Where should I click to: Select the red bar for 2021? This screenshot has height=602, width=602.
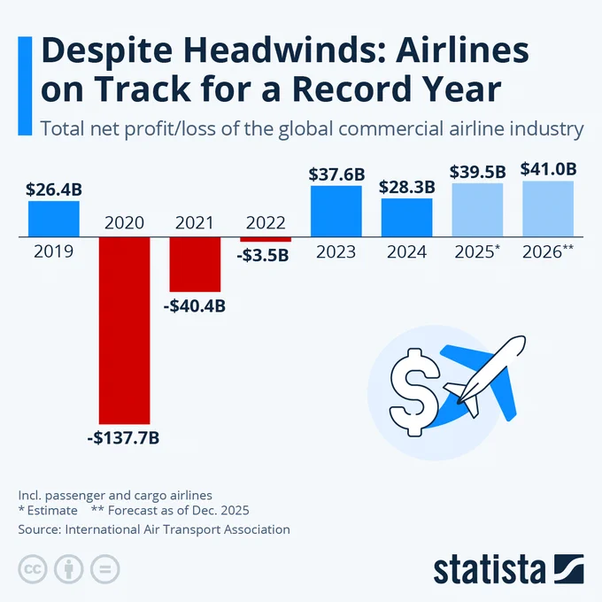[x=195, y=265]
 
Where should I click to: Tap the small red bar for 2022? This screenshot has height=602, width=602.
[x=266, y=240]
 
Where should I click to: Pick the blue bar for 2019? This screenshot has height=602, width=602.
[x=53, y=219]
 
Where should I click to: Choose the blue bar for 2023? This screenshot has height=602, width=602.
[x=336, y=212]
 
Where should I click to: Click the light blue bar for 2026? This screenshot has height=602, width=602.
[x=548, y=209]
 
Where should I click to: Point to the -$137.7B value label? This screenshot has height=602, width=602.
[x=124, y=437]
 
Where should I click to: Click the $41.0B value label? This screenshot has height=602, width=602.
[x=548, y=168]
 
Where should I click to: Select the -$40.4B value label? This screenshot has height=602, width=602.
[x=195, y=306]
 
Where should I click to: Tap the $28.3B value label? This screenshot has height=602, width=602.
[x=407, y=187]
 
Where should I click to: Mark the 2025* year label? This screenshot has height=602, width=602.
[x=475, y=252]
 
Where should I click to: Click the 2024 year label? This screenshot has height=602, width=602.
[x=407, y=252]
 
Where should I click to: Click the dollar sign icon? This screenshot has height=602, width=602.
[x=413, y=390]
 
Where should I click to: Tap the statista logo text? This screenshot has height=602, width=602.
[x=489, y=568]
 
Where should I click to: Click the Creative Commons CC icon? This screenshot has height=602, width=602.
[x=33, y=568]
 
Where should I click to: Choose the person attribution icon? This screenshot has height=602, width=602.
[x=68, y=568]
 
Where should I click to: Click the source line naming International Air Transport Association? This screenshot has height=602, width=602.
[x=154, y=529]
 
